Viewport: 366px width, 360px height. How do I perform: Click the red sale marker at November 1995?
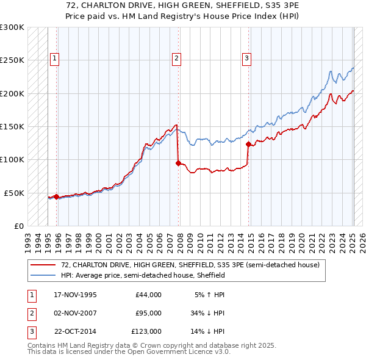click(56, 196)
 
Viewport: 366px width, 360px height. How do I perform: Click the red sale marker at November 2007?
click(178, 163)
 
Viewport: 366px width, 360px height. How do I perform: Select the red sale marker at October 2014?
click(248, 145)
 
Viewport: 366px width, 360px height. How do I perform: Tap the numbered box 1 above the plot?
click(54, 59)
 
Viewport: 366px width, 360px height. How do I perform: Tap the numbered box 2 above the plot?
click(176, 59)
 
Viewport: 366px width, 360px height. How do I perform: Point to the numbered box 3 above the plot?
click(246, 59)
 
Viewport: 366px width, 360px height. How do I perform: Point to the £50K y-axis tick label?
click(14, 193)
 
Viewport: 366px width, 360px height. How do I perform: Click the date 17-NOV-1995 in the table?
click(75, 295)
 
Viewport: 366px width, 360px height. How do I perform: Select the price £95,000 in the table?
click(148, 313)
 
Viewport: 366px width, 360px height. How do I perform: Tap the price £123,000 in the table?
click(146, 331)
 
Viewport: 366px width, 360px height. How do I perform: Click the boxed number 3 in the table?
click(30, 331)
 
